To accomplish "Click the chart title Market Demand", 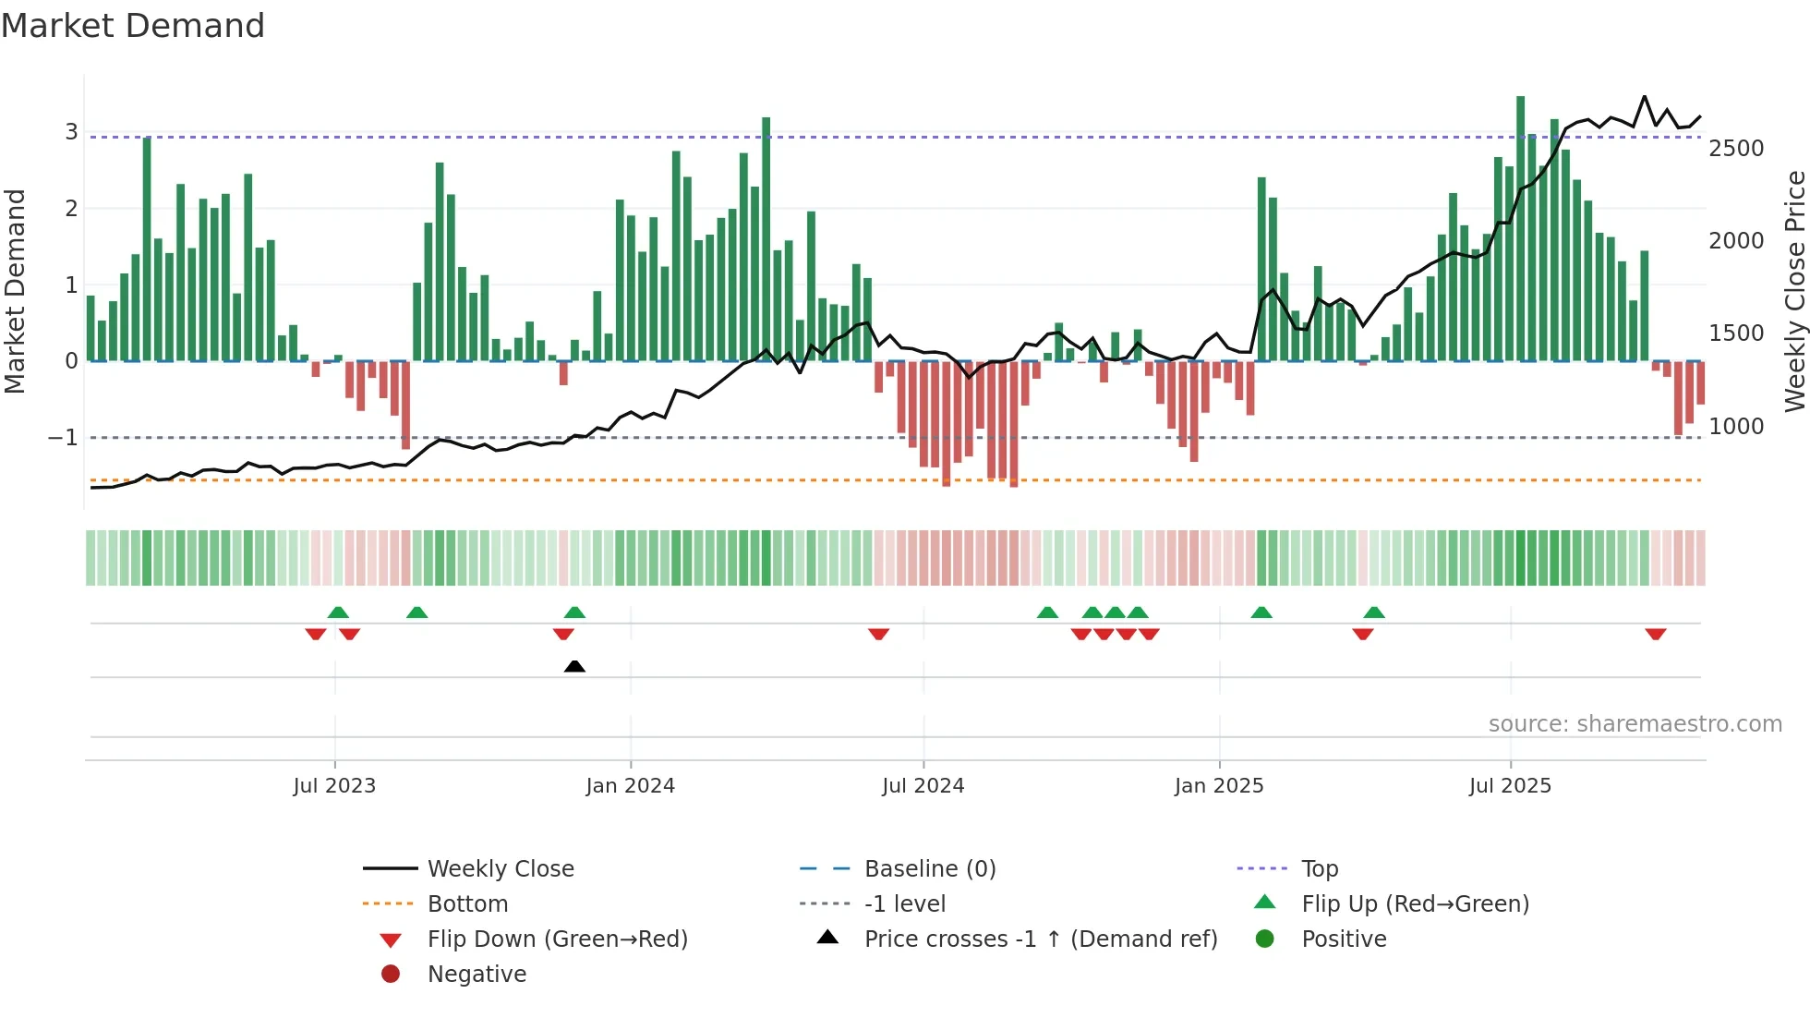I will tap(133, 26).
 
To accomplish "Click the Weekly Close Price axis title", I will tap(1794, 291).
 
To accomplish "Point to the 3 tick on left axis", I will tap(71, 132).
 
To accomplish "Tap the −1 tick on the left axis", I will tap(63, 438).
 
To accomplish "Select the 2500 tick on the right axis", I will tap(1736, 149).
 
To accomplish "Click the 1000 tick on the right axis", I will tap(1736, 427).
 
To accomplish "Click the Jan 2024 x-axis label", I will tap(630, 786).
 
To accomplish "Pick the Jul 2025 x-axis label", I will tap(1510, 786).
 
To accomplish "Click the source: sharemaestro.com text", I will tap(1635, 724).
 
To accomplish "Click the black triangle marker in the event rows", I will tap(574, 666).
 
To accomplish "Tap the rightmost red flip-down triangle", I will tap(1655, 635).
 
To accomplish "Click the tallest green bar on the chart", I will tap(1520, 228).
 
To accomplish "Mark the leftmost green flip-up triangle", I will tap(338, 612).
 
